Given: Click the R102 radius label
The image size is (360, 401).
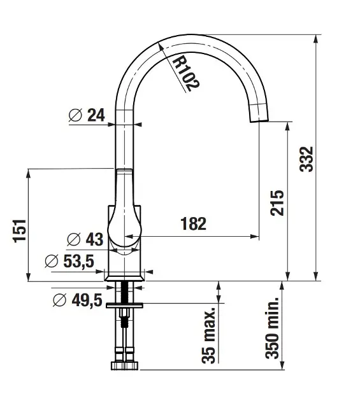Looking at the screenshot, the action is (185, 74).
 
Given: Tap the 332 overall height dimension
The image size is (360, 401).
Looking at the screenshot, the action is (306, 159).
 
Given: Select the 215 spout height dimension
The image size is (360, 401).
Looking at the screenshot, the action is (277, 203).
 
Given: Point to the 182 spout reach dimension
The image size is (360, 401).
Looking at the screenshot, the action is (193, 223).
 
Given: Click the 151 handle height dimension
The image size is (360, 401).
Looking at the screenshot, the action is (20, 231).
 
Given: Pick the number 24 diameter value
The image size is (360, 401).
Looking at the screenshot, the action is (96, 115).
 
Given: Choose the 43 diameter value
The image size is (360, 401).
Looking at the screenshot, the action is (94, 239).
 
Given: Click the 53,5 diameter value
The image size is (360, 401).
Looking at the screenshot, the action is (78, 261).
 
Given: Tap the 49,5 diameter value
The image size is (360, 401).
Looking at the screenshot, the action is (87, 300).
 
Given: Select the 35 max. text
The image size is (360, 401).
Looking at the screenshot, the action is (208, 335).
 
